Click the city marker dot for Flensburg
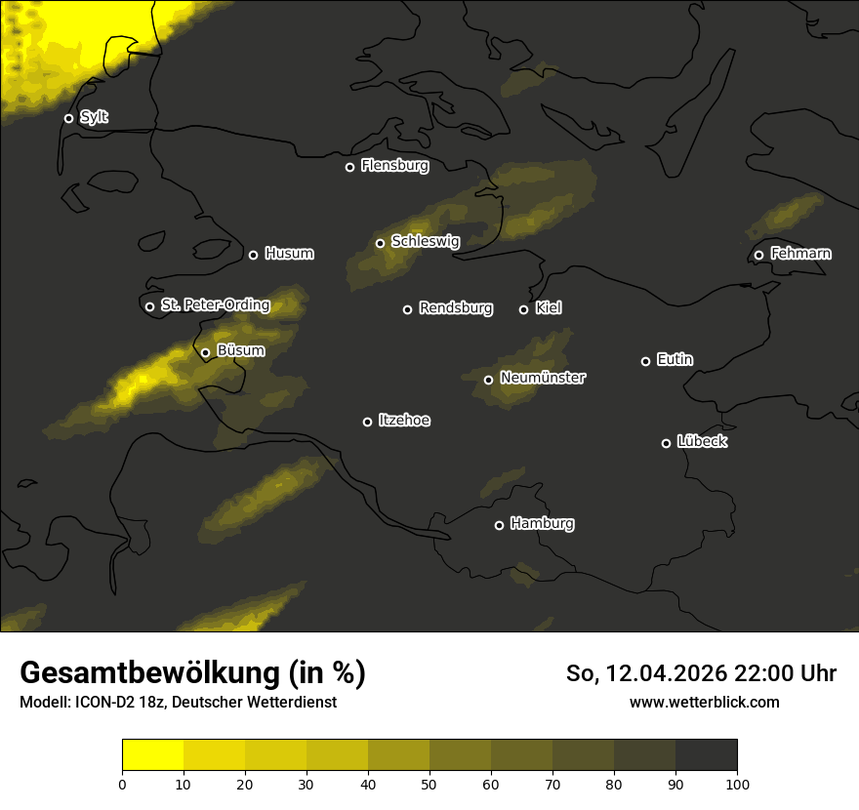(349, 167)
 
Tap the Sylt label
(94, 117)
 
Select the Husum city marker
(253, 255)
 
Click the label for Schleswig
(425, 241)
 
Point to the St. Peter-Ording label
(215, 305)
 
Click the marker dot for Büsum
(205, 353)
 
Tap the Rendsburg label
(455, 308)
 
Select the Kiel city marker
(523, 309)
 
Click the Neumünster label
(542, 378)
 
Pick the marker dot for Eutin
(645, 361)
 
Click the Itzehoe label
(404, 421)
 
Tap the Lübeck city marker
(666, 443)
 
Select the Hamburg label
(542, 524)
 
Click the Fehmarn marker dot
(758, 256)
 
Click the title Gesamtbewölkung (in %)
(192, 673)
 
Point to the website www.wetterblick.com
(704, 703)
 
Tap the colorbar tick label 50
(429, 784)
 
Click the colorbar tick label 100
(737, 784)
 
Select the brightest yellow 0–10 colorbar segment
(152, 755)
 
